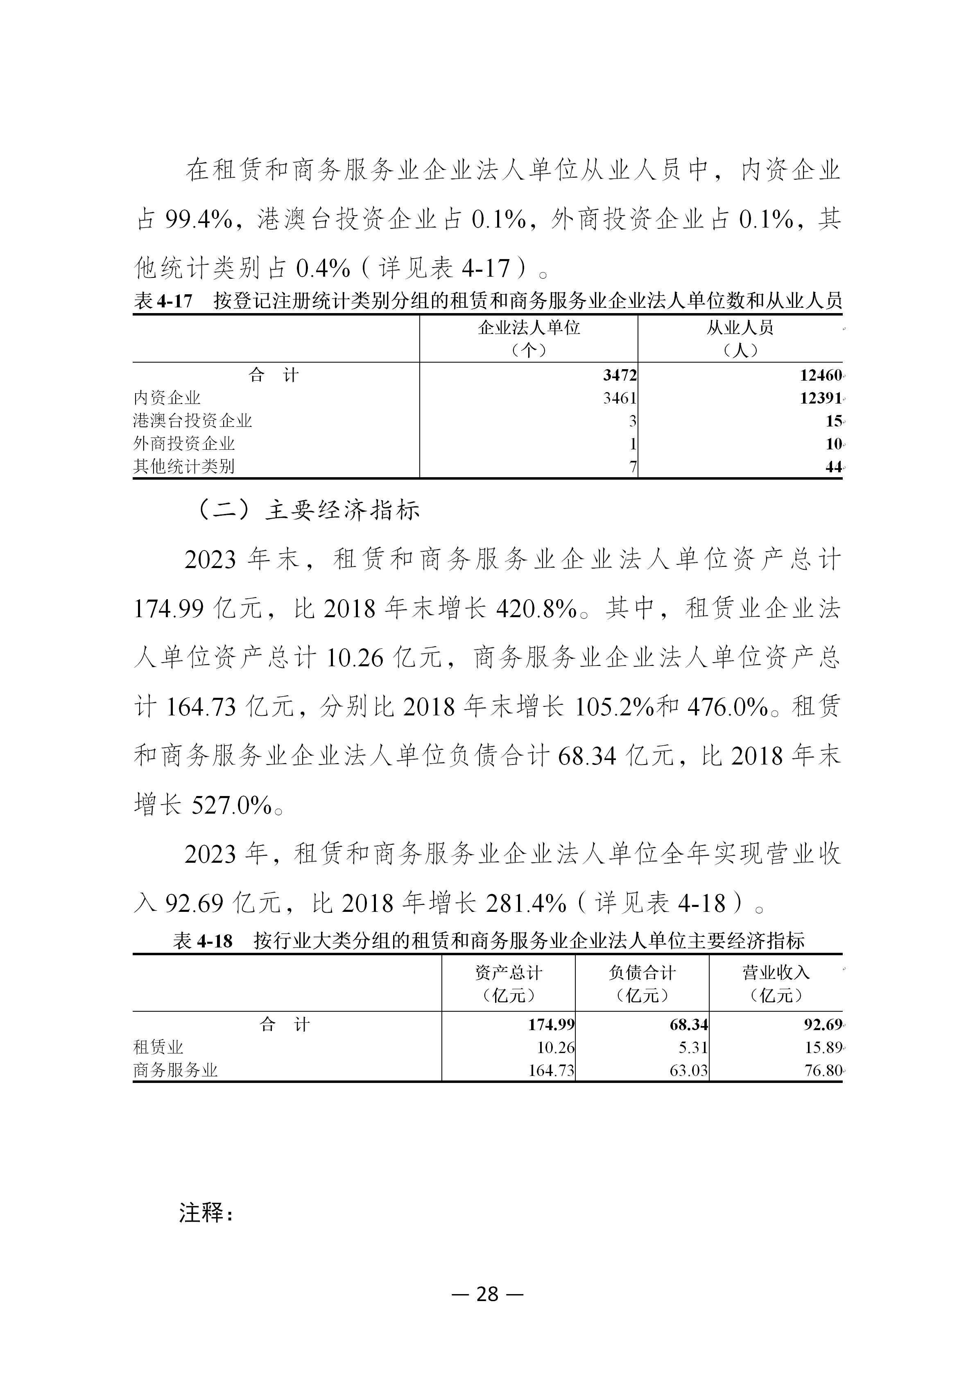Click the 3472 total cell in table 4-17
[620, 375]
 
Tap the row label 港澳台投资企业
[192, 421]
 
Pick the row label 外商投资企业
[184, 444]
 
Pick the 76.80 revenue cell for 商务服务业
[824, 1070]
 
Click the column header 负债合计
[642, 973]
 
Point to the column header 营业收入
[776, 973]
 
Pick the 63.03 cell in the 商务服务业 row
[688, 1070]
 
